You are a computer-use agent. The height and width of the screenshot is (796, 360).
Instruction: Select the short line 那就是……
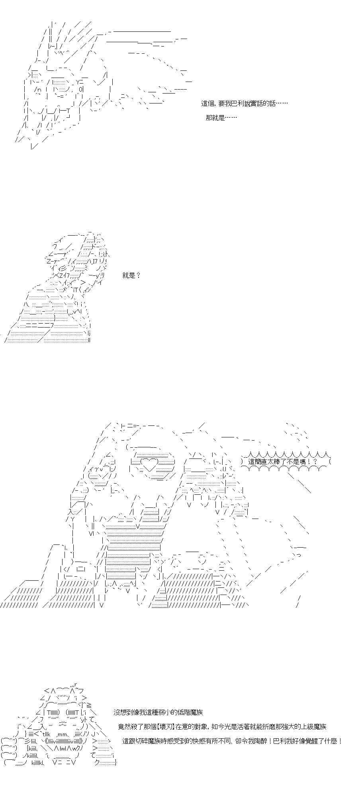click(221, 118)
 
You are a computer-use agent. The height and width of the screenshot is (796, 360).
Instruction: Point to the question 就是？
click(131, 275)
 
